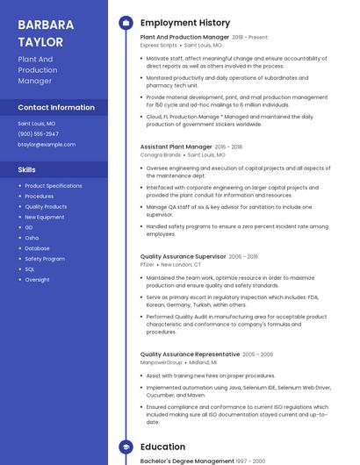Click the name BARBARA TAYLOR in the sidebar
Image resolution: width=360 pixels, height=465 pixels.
pyautogui.click(x=40, y=32)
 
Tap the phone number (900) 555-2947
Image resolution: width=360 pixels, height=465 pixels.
pyautogui.click(x=38, y=133)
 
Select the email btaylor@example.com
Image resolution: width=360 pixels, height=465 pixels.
pyautogui.click(x=47, y=144)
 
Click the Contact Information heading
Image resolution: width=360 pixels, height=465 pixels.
pyautogui.click(x=56, y=107)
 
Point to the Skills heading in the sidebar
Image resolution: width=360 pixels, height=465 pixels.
pyautogui.click(x=27, y=169)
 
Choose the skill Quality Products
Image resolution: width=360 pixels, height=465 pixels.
pyautogui.click(x=46, y=206)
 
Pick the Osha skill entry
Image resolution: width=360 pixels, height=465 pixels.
pyautogui.click(x=32, y=238)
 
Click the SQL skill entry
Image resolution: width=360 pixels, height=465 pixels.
pyautogui.click(x=30, y=269)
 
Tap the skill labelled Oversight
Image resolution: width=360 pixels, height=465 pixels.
pyautogui.click(x=37, y=280)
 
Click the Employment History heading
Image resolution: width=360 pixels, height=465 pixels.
pyautogui.click(x=185, y=23)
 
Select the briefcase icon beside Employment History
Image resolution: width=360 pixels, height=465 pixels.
pyautogui.click(x=126, y=23)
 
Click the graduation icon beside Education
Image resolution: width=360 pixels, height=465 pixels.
pyautogui.click(x=126, y=447)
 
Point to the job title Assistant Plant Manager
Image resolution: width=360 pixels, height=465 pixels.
pyautogui.click(x=176, y=147)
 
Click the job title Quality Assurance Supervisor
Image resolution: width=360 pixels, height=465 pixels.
pyautogui.click(x=183, y=256)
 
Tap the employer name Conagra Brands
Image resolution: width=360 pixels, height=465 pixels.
pyautogui.click(x=160, y=154)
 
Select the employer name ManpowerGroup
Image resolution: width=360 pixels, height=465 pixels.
pyautogui.click(x=162, y=361)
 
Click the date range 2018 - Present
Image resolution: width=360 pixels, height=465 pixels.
pyautogui.click(x=250, y=38)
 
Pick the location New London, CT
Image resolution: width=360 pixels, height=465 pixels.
pyautogui.click(x=181, y=264)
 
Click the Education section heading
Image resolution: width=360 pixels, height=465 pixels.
pyautogui.click(x=162, y=447)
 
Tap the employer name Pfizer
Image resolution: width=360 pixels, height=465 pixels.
pyautogui.click(x=148, y=264)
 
